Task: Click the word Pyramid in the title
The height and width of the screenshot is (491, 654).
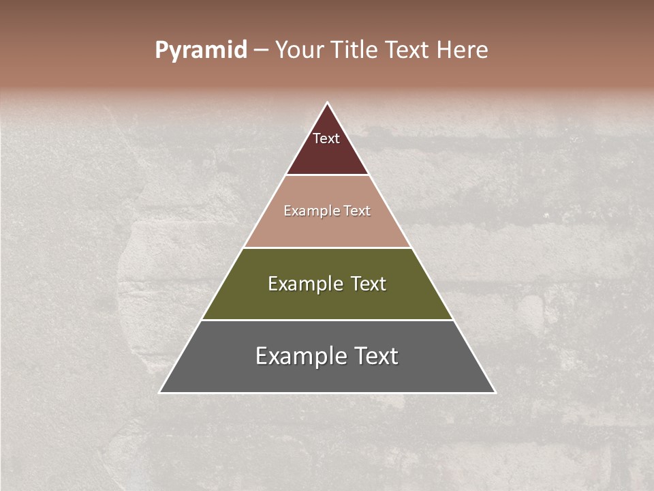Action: click(201, 50)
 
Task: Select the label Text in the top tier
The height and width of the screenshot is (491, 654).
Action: click(326, 138)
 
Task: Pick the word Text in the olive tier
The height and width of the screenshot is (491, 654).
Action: click(369, 284)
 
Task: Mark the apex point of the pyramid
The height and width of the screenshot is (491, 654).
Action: click(328, 103)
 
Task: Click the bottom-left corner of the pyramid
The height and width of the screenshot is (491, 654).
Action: click(160, 392)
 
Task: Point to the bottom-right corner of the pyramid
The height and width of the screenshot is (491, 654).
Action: click(495, 392)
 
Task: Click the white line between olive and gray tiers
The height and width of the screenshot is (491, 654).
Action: click(327, 320)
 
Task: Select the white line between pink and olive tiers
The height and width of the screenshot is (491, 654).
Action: click(327, 248)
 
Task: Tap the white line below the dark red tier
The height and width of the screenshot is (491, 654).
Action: click(327, 175)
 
